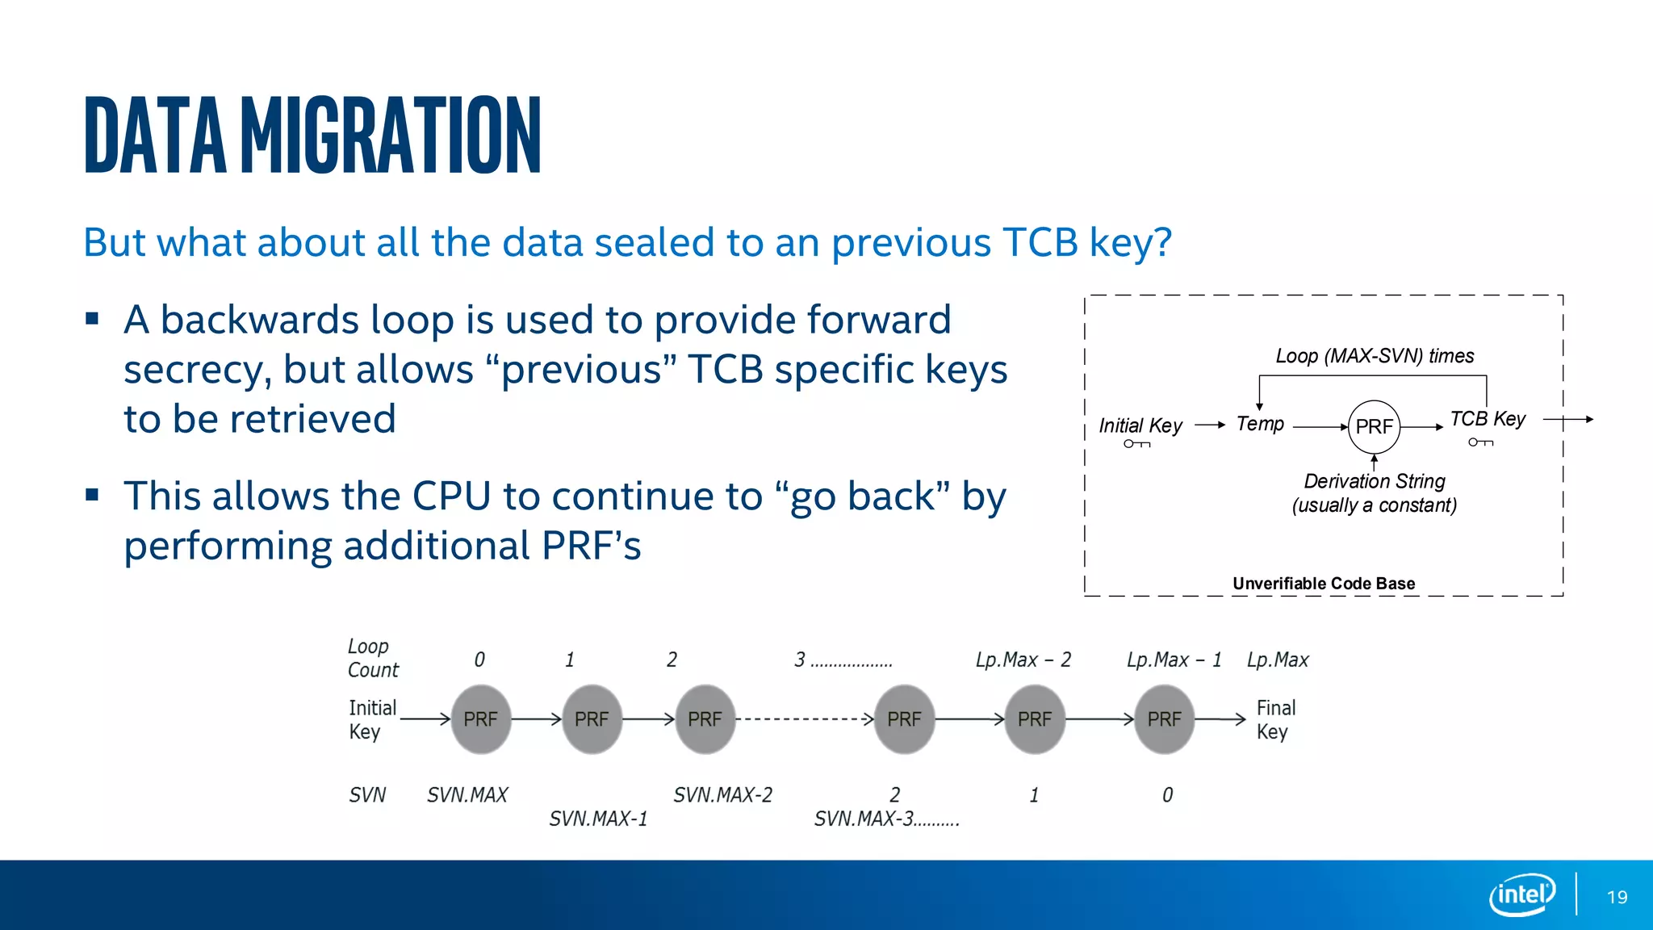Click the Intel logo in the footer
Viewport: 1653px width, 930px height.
click(x=1522, y=894)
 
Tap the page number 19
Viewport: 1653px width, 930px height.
click(x=1617, y=897)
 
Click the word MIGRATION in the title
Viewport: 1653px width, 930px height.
click(x=391, y=135)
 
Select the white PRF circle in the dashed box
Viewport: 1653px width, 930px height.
click(x=1374, y=426)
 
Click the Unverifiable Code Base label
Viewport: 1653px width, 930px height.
click(x=1324, y=583)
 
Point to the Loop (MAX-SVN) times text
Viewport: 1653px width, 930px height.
click(x=1375, y=356)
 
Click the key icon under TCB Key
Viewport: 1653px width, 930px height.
click(x=1480, y=442)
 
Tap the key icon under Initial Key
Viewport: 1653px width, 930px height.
click(x=1136, y=444)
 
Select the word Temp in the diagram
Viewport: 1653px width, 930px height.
click(x=1260, y=424)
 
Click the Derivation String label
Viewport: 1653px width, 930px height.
click(x=1375, y=481)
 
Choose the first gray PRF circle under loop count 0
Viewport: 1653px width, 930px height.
click(x=480, y=718)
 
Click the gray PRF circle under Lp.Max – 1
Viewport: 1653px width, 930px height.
click(x=1164, y=718)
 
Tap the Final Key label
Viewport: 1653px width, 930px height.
click(x=1275, y=719)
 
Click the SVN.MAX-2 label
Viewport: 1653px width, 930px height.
click(x=722, y=795)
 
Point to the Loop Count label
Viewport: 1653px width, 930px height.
click(x=371, y=658)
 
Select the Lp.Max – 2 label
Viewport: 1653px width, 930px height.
click(x=1023, y=660)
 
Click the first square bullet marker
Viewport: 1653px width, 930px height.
click(x=92, y=319)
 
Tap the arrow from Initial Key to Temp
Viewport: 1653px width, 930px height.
click(x=1209, y=425)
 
